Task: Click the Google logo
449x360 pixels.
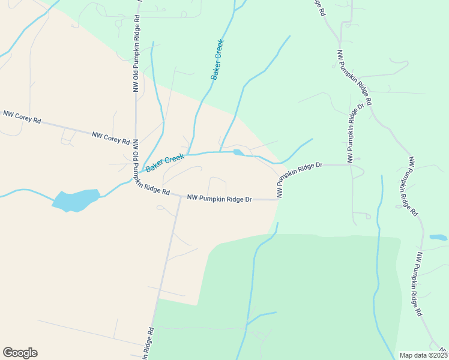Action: click(20, 353)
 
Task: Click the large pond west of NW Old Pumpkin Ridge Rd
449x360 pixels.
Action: click(76, 200)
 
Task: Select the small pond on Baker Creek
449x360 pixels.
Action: click(239, 152)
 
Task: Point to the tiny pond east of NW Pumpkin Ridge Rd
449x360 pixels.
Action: click(438, 238)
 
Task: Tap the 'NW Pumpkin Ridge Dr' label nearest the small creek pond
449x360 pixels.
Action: click(299, 178)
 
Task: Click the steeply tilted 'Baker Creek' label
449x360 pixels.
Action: click(217, 60)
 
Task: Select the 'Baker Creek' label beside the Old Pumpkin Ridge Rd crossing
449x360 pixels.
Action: click(164, 161)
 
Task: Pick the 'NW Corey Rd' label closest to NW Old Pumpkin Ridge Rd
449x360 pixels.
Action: click(111, 138)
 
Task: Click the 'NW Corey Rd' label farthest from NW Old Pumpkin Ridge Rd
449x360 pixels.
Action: click(22, 116)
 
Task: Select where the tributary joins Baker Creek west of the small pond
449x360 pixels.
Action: click(220, 152)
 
